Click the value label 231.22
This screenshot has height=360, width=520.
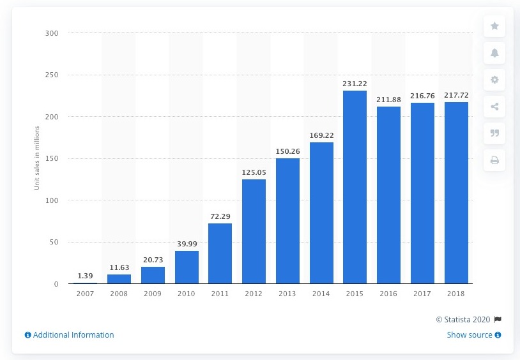tap(355, 84)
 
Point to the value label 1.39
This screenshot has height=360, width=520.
tap(86, 275)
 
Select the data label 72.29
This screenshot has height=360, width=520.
tap(220, 217)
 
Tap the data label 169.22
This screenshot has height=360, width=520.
tap(321, 135)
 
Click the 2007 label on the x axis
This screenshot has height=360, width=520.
tap(86, 294)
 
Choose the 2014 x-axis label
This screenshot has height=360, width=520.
tap(321, 294)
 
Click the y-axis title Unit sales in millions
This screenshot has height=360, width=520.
tap(36, 158)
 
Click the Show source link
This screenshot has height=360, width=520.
tap(470, 335)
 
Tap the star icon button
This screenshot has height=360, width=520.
tap(494, 26)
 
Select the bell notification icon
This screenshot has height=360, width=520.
tap(494, 53)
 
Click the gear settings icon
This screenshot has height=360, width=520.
tap(494, 80)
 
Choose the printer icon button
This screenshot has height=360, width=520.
tap(494, 160)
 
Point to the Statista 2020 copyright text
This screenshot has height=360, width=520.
tap(464, 319)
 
